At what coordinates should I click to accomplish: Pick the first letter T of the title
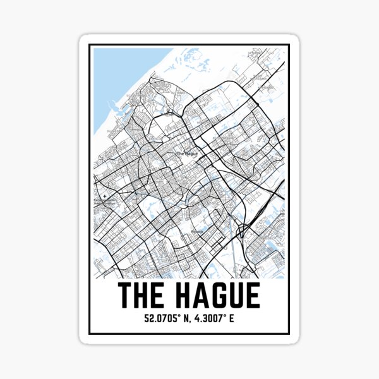click(126, 296)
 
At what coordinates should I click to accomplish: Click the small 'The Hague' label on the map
click(187, 153)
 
